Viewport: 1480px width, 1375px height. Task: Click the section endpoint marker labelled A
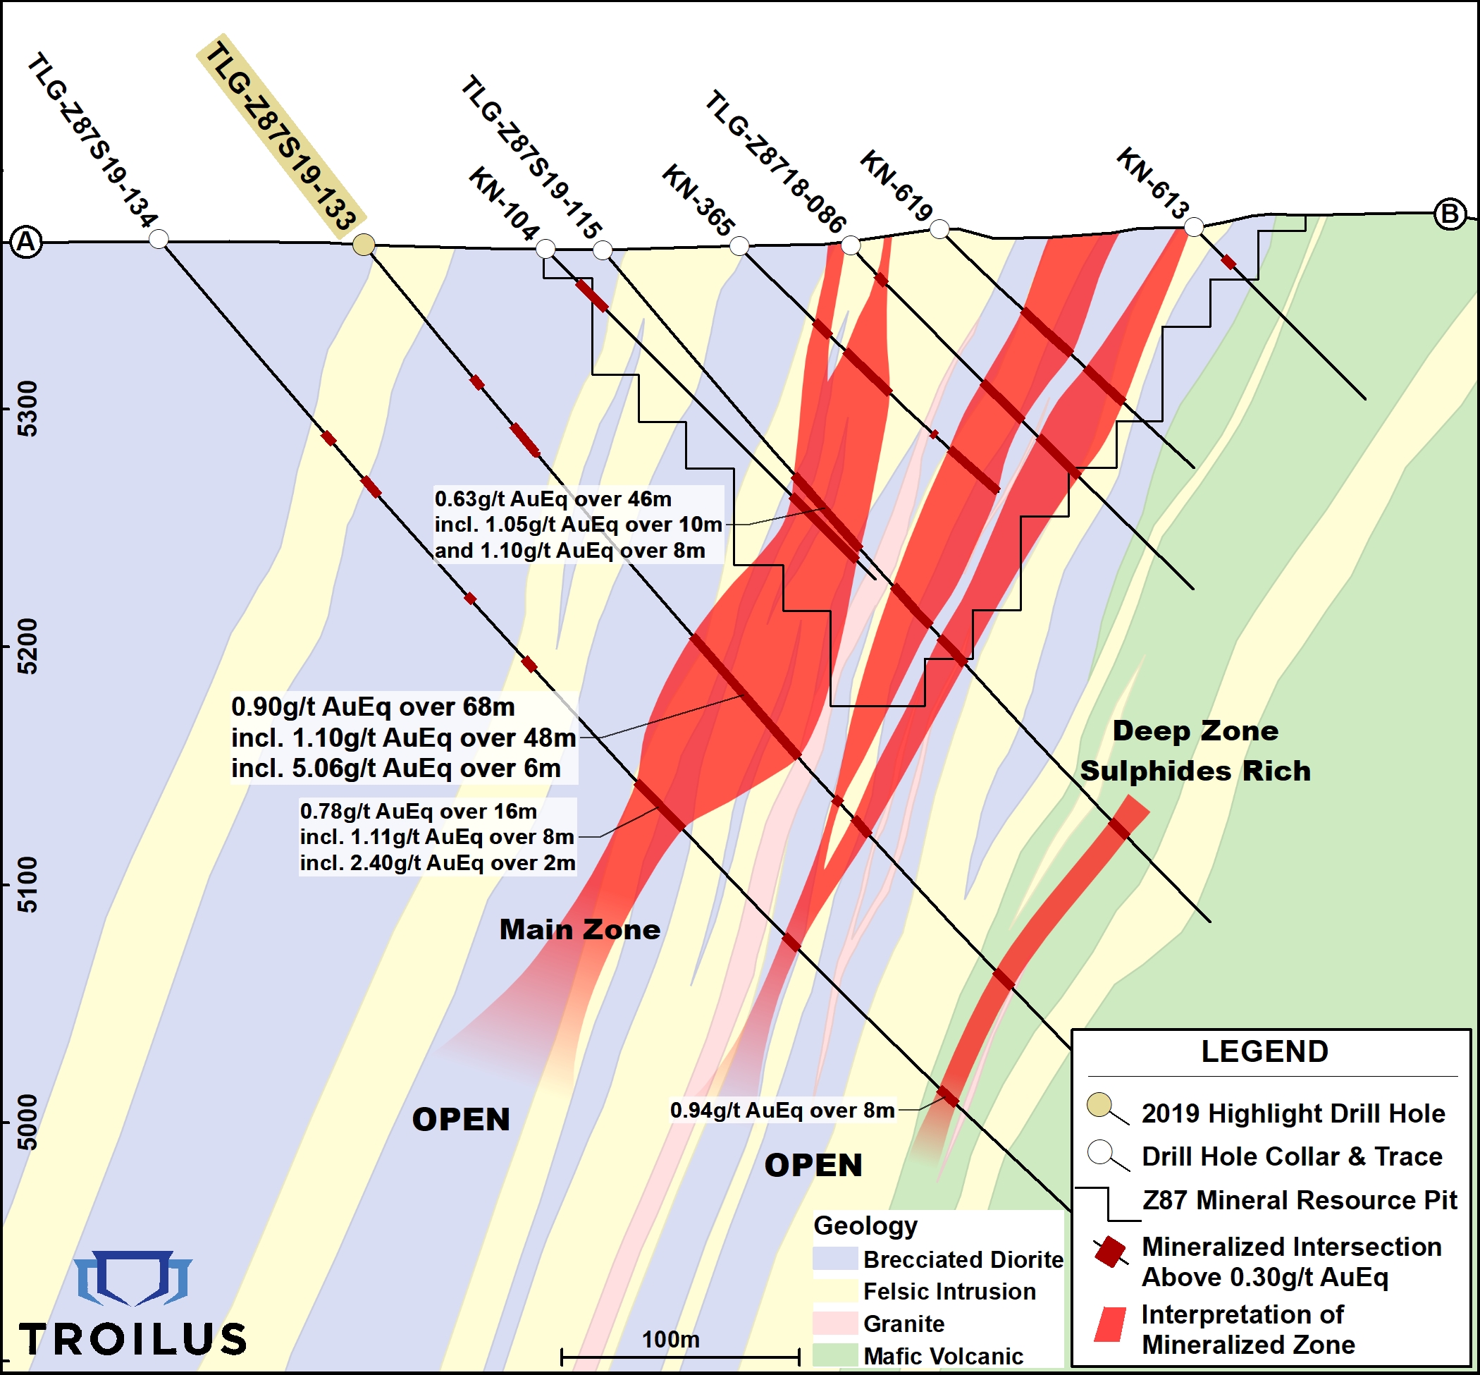[27, 243]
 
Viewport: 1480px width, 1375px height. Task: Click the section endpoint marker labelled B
[1450, 214]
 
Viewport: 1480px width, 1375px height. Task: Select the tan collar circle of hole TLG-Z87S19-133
[364, 244]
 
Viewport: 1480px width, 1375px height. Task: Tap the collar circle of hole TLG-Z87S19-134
[159, 239]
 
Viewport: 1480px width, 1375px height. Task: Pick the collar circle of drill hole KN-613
[1193, 227]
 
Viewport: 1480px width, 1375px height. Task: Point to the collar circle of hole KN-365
[739, 245]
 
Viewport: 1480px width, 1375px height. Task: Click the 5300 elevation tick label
[27, 408]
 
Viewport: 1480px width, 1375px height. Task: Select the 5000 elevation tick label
[27, 1122]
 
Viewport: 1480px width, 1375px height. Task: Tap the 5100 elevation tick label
[27, 885]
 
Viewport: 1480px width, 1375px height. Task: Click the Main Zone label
[579, 929]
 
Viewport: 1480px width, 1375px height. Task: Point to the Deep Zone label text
[1195, 731]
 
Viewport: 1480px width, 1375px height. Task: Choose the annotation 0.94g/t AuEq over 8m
[782, 1110]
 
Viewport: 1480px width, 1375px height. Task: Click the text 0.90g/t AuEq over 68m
[373, 706]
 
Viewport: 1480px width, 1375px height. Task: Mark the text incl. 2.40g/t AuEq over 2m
[438, 863]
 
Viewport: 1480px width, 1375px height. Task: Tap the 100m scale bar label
[670, 1339]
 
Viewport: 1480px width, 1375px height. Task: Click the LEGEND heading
[1264, 1051]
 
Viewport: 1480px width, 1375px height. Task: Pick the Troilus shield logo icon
[134, 1278]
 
